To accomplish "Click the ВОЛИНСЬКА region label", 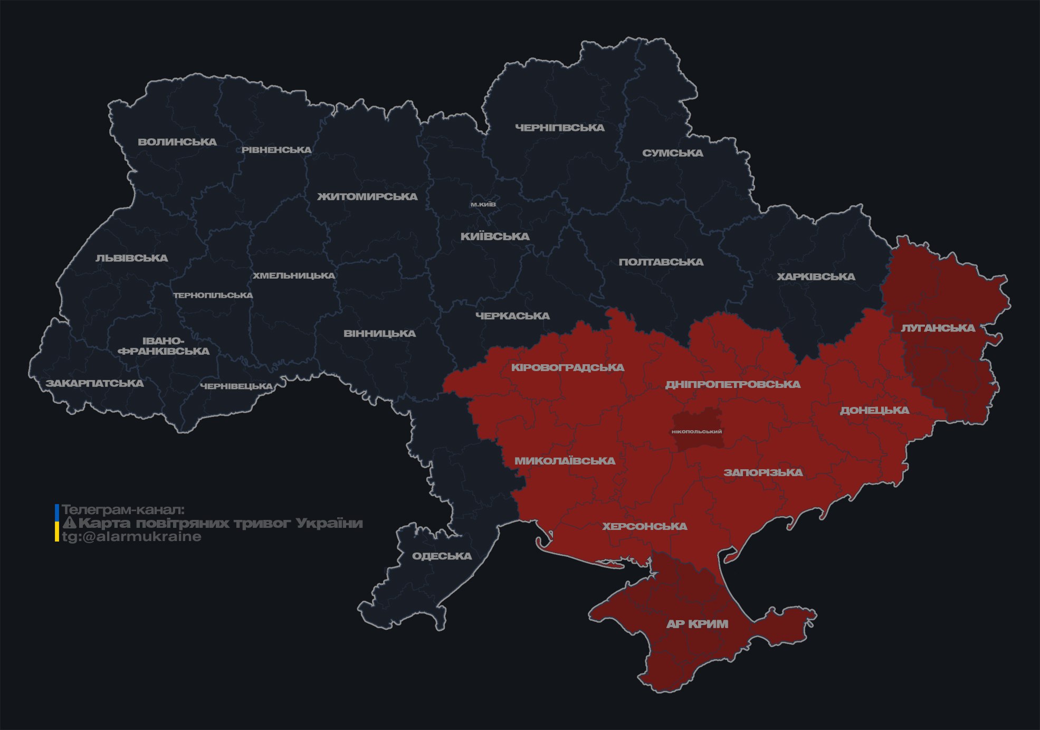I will pos(177,142).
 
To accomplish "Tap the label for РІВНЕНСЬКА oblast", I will pos(276,150).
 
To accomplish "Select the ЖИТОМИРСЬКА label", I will pos(367,197).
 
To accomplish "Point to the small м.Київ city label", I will pos(483,204).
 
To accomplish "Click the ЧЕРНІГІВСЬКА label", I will pos(559,128).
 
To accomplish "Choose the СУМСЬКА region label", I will pos(672,153).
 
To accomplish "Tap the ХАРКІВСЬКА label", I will pos(816,277).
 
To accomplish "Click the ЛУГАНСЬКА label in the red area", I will pos(938,328).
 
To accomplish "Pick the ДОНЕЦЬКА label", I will pos(874,410).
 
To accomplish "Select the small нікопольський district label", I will pos(696,431).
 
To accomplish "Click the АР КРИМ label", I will pos(697,624).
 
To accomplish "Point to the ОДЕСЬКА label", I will pos(442,556).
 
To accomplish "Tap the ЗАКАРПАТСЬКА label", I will pos(94,383).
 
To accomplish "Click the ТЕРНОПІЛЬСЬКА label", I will pos(213,296).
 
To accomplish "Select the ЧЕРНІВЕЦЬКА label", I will pos(236,386).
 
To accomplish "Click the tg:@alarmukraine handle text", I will pos(131,537).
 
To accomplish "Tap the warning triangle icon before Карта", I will pos(69,523).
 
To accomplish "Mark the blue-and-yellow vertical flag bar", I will pos(57,523).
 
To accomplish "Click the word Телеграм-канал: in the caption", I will pos(123,510).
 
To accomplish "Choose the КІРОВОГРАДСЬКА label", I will pos(567,367).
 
